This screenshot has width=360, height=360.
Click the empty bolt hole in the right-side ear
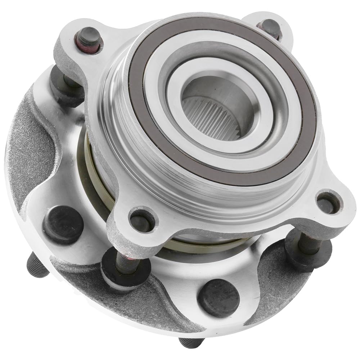tap(327, 203)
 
